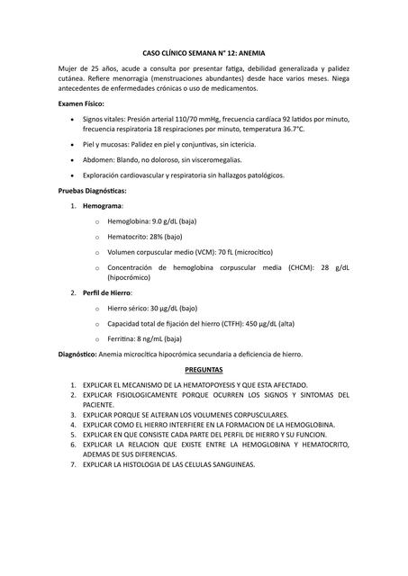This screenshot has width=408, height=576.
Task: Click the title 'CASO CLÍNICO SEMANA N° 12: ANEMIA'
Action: (204, 54)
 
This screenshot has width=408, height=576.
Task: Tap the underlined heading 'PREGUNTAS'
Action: (204, 369)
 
